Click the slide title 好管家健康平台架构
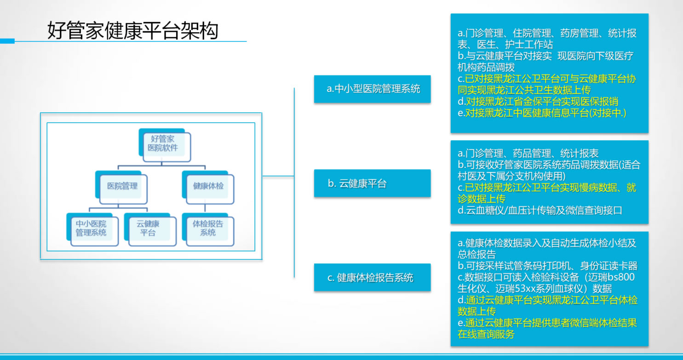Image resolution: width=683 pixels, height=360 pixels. tap(132, 31)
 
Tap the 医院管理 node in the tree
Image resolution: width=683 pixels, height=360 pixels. tap(122, 186)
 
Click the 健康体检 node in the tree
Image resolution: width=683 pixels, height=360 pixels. tap(208, 186)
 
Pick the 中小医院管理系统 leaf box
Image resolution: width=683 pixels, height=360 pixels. tap(91, 228)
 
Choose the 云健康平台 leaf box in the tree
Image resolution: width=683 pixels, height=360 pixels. tap(148, 228)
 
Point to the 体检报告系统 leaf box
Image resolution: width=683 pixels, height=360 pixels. tap(208, 228)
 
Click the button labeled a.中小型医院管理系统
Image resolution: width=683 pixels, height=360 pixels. tap(373, 89)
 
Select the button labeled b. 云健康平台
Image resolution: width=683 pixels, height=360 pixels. tap(373, 183)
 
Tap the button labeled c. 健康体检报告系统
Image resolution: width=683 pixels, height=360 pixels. tap(373, 278)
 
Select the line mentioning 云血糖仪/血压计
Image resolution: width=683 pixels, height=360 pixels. tap(540, 211)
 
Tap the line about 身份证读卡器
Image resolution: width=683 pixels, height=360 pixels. tap(547, 266)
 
